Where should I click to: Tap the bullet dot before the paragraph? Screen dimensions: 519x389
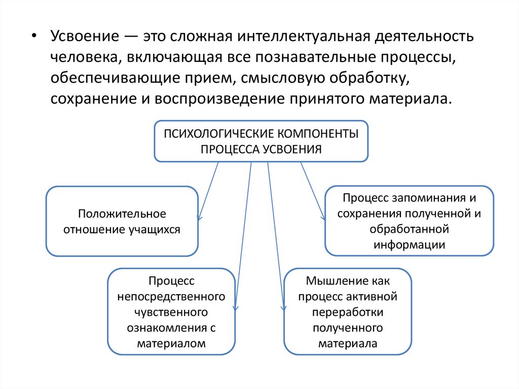34,38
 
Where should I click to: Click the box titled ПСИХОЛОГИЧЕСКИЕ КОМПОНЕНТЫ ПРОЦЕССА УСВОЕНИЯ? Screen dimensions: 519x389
261,141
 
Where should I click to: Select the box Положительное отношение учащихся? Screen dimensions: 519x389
122,221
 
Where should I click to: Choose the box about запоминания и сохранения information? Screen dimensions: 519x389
409,221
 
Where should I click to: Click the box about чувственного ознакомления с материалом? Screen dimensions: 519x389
171,311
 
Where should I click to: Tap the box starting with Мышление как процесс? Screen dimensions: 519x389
348,311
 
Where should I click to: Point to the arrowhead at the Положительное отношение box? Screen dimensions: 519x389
199,218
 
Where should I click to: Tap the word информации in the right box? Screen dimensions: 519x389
410,244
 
